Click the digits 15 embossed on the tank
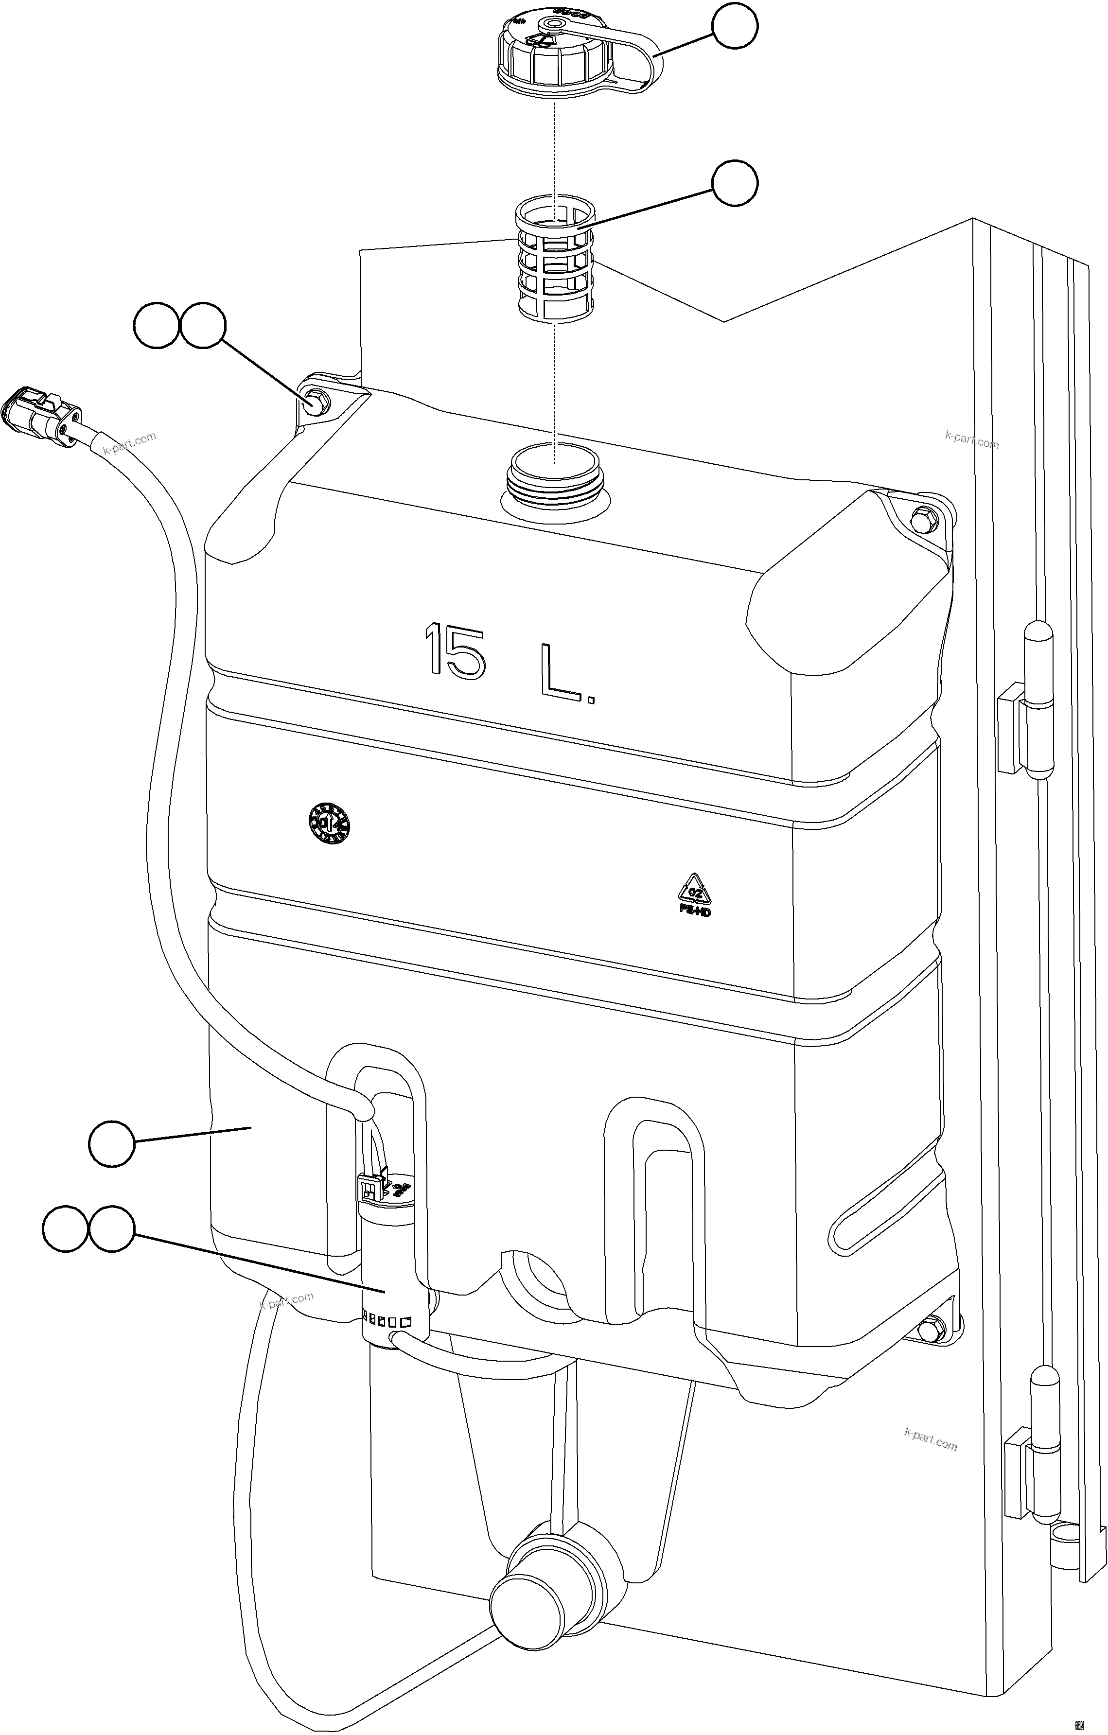click(x=454, y=651)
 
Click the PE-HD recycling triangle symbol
click(x=694, y=894)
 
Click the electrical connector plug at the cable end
click(x=43, y=414)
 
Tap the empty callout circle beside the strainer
click(x=735, y=184)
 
